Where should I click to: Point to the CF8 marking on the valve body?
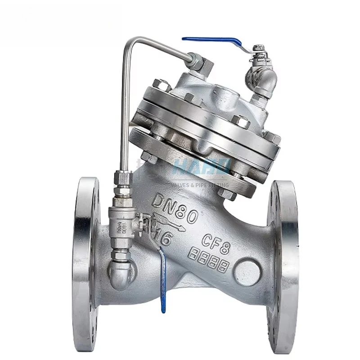[218, 241]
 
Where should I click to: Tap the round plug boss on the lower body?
[248, 272]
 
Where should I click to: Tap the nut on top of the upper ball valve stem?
[258, 48]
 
